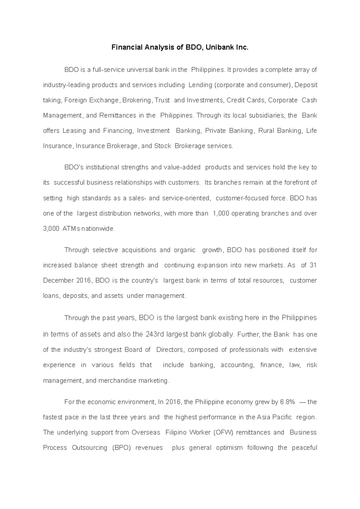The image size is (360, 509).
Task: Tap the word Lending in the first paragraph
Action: click(x=200, y=85)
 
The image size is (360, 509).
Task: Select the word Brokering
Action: click(x=138, y=100)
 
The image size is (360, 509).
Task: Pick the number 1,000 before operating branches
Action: click(x=221, y=214)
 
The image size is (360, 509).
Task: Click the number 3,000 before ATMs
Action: click(x=51, y=229)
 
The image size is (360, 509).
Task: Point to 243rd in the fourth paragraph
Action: click(x=154, y=335)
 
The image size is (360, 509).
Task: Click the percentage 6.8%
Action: click(x=288, y=402)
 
